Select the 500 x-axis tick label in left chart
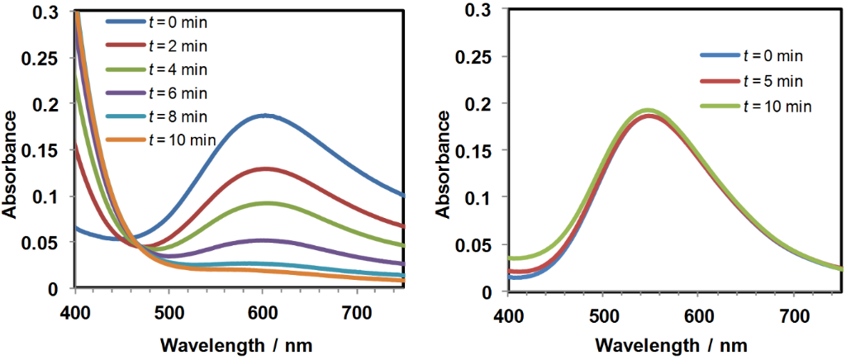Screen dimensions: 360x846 169,307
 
